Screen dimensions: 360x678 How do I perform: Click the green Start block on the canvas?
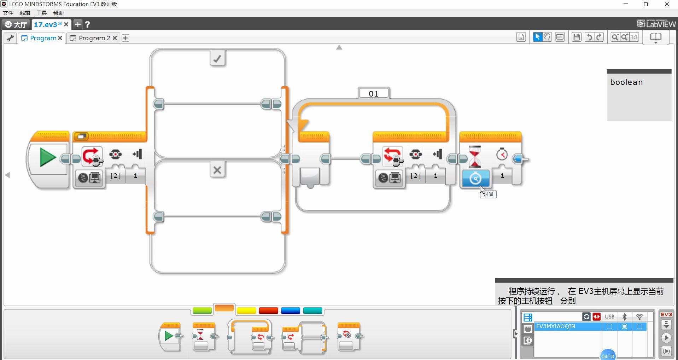48,158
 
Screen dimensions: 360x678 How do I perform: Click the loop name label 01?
374,93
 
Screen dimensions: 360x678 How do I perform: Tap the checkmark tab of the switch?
217,58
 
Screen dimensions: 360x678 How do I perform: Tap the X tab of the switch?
217,170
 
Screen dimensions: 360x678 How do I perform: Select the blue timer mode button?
475,178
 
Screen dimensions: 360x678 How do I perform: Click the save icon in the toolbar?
577,37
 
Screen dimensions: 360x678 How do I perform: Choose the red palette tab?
268,311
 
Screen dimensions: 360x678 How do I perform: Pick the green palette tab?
202,311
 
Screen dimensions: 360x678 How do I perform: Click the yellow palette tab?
246,311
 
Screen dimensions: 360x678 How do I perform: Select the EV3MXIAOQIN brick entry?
556,326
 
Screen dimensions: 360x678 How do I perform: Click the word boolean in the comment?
626,82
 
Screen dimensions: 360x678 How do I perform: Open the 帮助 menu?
58,13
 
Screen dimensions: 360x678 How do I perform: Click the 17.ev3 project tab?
47,24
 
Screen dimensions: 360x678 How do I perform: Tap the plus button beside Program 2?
125,38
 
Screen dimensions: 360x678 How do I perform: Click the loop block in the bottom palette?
250,337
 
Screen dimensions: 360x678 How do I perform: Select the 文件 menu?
8,13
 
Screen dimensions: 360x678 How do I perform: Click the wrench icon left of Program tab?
10,38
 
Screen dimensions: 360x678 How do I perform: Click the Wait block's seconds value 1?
502,176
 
